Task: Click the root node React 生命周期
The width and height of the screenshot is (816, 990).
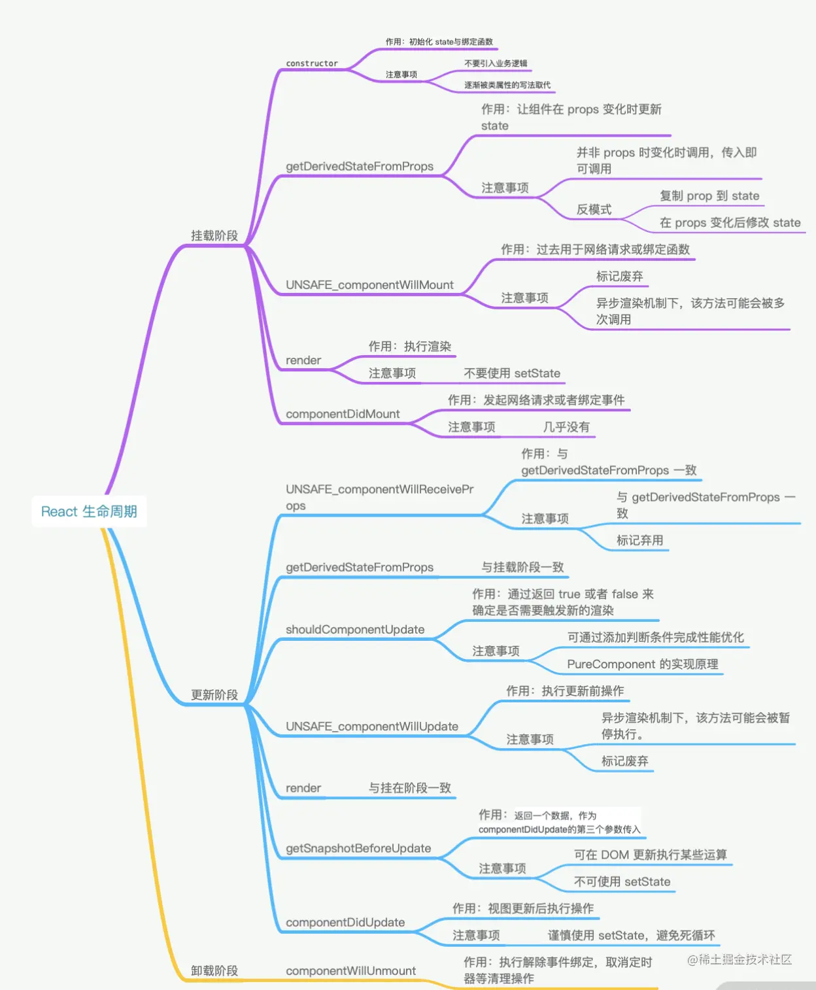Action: pos(89,511)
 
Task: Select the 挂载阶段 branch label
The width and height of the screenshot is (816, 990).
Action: pos(214,235)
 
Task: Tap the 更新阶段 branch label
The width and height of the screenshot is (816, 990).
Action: pos(214,694)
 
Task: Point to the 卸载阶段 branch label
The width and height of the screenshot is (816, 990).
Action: pos(214,970)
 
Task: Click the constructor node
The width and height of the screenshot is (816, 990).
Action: pos(312,63)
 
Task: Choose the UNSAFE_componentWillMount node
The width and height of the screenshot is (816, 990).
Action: pos(369,285)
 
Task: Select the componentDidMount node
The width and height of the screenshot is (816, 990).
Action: pos(343,414)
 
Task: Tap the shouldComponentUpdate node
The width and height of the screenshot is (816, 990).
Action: pos(355,629)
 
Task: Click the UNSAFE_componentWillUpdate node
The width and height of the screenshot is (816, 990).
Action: pos(372,726)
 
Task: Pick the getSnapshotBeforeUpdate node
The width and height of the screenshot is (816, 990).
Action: pos(358,848)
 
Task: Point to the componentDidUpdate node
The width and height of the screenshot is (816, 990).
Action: pos(345,922)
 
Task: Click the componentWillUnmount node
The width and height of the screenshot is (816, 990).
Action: pos(350,970)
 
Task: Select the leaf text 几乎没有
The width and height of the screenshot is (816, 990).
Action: pos(566,427)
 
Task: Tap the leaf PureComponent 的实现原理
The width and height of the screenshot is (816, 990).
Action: pos(643,664)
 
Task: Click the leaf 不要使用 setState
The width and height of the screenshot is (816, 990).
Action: pos(512,373)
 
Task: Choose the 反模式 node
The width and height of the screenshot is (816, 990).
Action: pos(594,209)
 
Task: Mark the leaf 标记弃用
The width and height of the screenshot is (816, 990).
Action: pos(639,540)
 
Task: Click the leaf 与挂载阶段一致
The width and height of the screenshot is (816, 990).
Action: pos(522,567)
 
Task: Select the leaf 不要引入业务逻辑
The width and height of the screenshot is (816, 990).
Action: pos(496,63)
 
